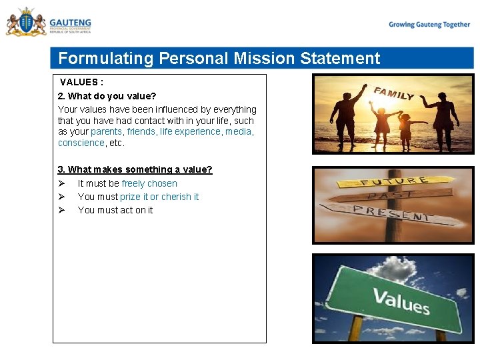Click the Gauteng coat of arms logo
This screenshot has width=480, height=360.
pos(26,22)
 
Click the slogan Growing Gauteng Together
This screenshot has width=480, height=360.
pos(429,25)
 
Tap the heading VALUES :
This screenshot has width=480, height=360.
pos(81,83)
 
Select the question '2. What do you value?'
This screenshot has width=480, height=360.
pos(107,96)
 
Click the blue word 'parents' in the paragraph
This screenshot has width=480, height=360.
pos(107,132)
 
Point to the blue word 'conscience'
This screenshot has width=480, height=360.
pos(81,143)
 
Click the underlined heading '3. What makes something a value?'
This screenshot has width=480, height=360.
pos(135,170)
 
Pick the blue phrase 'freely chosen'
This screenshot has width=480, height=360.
pos(149,183)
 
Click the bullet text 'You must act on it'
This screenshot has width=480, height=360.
pos(115,210)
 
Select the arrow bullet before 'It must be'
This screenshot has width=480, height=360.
pos(61,183)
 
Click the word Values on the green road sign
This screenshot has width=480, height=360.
pos(401,301)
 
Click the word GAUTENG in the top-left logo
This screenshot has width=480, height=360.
pos(70,22)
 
